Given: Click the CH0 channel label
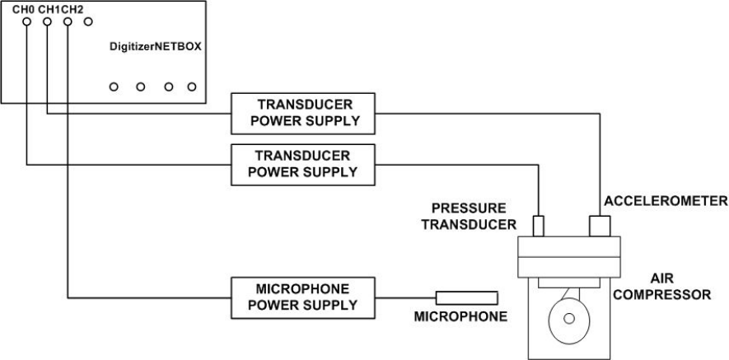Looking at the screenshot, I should tap(22, 8).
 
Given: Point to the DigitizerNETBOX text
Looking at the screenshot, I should tap(156, 47).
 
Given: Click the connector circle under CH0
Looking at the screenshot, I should tap(27, 22).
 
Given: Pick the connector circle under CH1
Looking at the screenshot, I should tap(48, 22).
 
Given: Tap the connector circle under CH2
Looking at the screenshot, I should tap(68, 22).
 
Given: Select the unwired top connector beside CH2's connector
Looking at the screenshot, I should tap(88, 22).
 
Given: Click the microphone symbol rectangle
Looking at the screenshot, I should tap(466, 297).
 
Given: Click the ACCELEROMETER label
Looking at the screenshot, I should tap(665, 200).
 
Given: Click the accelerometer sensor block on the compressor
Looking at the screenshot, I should tap(598, 226).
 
